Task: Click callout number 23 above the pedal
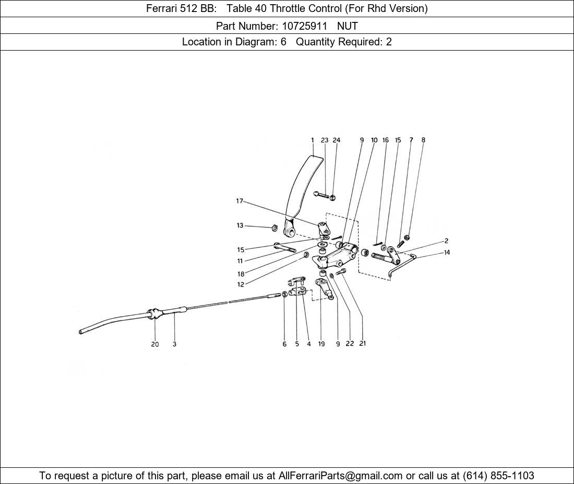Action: click(x=325, y=140)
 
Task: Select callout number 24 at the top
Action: click(x=337, y=140)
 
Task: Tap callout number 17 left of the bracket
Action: click(x=240, y=201)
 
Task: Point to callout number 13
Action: click(x=240, y=225)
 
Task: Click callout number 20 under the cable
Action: click(x=155, y=344)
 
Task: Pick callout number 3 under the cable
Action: click(x=174, y=344)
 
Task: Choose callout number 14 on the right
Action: click(x=447, y=252)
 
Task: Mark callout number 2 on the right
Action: click(x=446, y=241)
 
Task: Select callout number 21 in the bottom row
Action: click(x=363, y=343)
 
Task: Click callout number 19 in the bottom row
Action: click(x=321, y=344)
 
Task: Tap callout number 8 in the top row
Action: click(x=423, y=140)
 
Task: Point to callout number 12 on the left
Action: click(x=241, y=284)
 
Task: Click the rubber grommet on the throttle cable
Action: click(x=154, y=314)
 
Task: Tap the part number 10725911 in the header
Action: click(x=304, y=26)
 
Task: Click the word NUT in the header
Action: click(x=348, y=26)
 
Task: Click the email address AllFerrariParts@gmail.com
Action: click(x=340, y=476)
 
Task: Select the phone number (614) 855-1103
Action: click(x=498, y=476)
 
